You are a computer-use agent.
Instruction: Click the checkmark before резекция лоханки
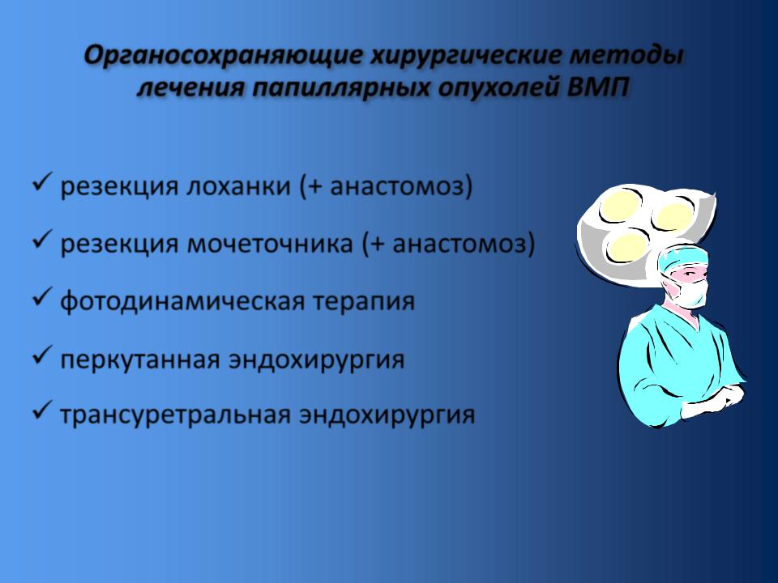click(x=43, y=182)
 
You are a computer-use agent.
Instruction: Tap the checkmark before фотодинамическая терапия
click(x=43, y=297)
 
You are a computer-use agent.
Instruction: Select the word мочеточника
click(x=271, y=244)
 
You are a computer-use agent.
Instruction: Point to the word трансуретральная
click(x=175, y=415)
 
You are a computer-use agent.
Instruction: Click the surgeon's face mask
click(x=689, y=291)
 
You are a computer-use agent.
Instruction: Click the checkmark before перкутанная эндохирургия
click(x=43, y=355)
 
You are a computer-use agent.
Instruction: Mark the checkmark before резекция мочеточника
click(x=43, y=240)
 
